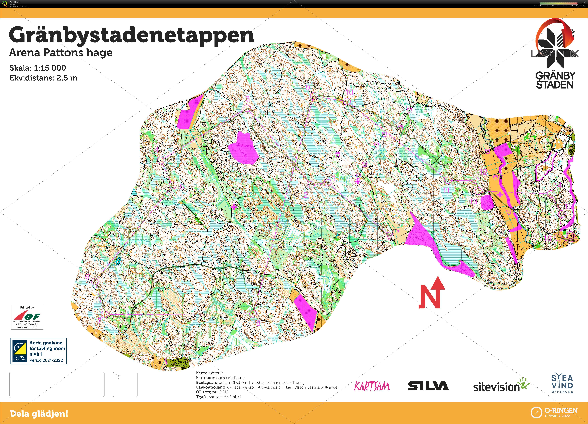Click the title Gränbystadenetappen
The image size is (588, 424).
click(x=131, y=35)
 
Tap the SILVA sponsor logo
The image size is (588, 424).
click(x=428, y=386)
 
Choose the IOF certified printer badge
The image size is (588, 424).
click(x=27, y=317)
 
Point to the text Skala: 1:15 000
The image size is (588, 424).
click(x=38, y=68)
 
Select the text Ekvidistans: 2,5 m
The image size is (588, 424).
click(x=44, y=78)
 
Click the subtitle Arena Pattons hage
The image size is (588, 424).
click(x=61, y=53)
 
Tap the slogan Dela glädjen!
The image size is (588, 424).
click(x=39, y=414)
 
